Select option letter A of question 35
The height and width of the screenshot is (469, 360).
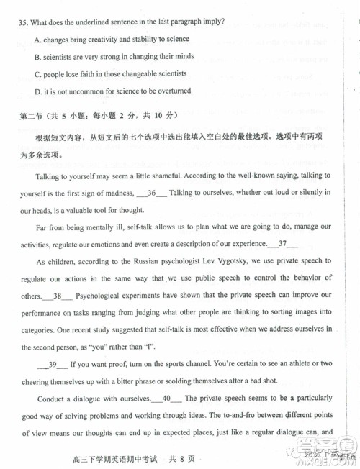[x=37, y=39]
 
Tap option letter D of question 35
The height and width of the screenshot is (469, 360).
[x=37, y=91]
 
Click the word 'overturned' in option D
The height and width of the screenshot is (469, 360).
[x=170, y=91]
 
